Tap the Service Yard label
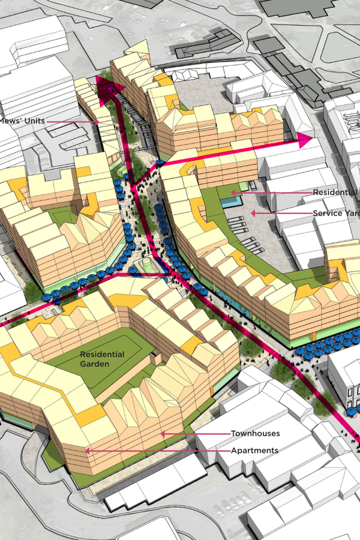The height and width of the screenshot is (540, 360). coord(335,213)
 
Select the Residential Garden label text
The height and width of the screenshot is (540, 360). coord(103,359)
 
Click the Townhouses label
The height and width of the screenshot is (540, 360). coord(256,433)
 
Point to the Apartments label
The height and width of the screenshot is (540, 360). coord(255,450)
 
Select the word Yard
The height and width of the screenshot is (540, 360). coord(350,213)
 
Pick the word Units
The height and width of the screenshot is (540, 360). coord(32,121)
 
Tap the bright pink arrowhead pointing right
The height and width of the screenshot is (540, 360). coord(305,141)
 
